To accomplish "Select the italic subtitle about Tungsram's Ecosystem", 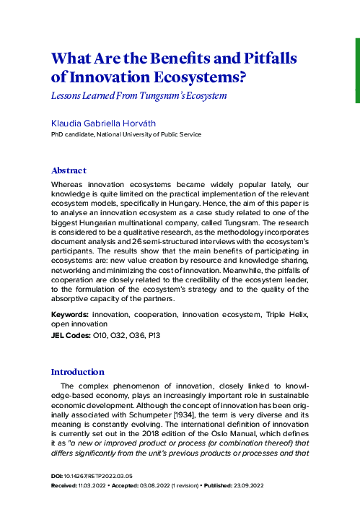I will [139, 95].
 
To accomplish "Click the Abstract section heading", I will [69, 170].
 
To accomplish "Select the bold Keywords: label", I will [70, 316].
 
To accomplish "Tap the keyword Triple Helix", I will [287, 316].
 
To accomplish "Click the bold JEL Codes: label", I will [71, 336].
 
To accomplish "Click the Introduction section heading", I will [77, 372].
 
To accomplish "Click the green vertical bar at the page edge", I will [356, 51].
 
